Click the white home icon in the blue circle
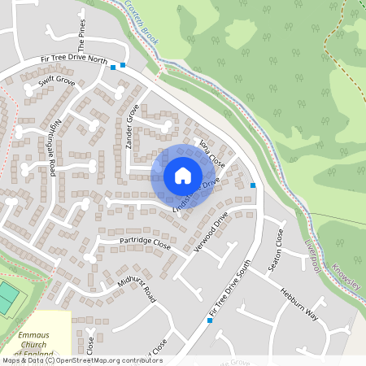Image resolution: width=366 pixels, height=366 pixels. [x=182, y=175]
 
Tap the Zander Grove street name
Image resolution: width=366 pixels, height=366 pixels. [x=129, y=129]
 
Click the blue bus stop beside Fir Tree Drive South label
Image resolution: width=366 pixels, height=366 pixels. [x=211, y=320]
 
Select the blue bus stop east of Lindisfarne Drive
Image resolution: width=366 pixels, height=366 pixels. [x=254, y=185]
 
